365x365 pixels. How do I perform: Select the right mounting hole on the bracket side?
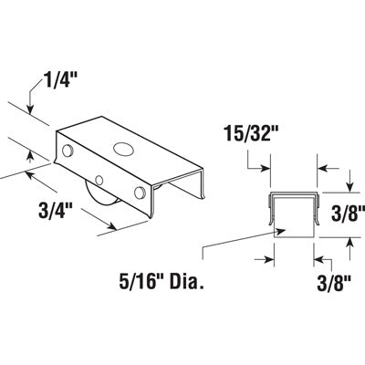139,193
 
